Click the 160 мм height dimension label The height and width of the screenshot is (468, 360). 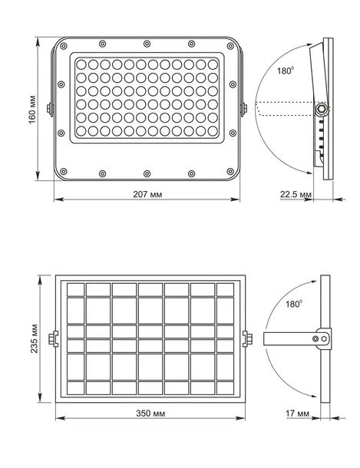(x=32, y=110)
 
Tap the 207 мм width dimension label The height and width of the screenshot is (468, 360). (x=147, y=194)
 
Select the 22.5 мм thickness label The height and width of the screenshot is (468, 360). (x=296, y=194)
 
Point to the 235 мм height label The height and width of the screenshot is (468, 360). (x=35, y=338)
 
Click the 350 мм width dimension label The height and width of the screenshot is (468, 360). (x=150, y=414)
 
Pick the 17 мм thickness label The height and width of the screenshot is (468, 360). (x=297, y=414)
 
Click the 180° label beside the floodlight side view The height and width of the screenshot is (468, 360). (x=286, y=71)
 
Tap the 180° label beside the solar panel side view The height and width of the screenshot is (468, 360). (x=294, y=304)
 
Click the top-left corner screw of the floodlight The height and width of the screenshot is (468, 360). (x=63, y=46)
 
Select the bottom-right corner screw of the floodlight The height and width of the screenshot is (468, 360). (x=230, y=172)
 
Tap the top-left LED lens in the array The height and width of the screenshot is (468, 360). (x=81, y=64)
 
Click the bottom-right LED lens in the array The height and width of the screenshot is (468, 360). (x=213, y=131)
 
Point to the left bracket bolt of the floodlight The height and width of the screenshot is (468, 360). (x=50, y=108)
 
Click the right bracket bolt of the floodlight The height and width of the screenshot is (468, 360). (x=244, y=108)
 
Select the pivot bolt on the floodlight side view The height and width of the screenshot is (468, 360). (x=322, y=109)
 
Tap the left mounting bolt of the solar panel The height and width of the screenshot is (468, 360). (x=53, y=339)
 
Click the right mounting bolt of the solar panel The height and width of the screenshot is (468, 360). (x=247, y=339)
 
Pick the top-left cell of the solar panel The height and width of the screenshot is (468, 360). (x=75, y=289)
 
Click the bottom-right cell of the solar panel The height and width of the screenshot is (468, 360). (x=225, y=388)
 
